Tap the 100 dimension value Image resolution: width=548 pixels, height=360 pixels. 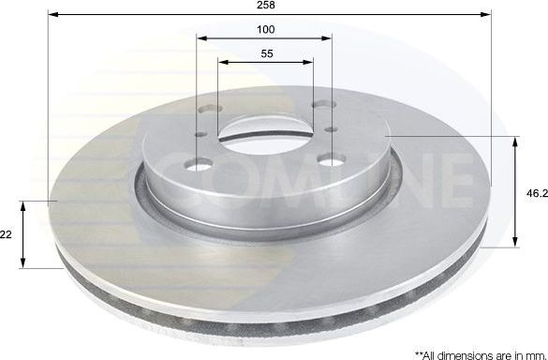pyautogui.click(x=266, y=30)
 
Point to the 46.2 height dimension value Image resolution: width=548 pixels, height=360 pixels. pyautogui.click(x=535, y=192)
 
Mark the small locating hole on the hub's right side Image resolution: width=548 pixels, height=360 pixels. pyautogui.click(x=329, y=129)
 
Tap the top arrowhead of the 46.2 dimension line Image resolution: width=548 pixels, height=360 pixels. pyautogui.click(x=516, y=141)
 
